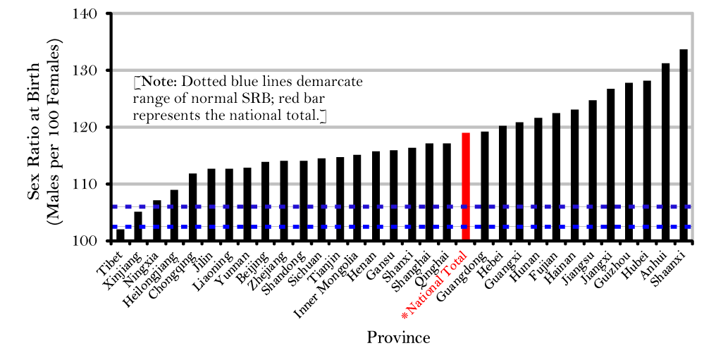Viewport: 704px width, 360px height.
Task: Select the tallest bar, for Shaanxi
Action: click(684, 145)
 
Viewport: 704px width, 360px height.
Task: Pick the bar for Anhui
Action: click(665, 152)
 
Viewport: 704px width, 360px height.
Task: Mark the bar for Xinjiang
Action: click(138, 226)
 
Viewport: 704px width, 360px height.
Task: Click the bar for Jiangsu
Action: click(593, 170)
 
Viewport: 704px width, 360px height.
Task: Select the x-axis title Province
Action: click(398, 337)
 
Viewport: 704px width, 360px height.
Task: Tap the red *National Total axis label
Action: click(439, 282)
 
